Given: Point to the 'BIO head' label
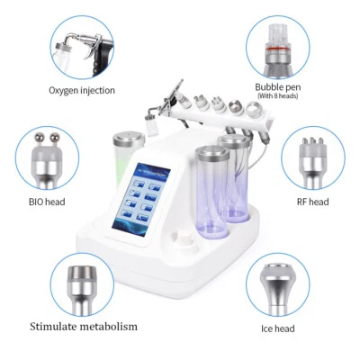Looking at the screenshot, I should (x=49, y=202).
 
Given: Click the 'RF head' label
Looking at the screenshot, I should (x=312, y=202).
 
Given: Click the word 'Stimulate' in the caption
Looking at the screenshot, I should (x=58, y=326).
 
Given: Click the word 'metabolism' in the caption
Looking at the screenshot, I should (x=113, y=326).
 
